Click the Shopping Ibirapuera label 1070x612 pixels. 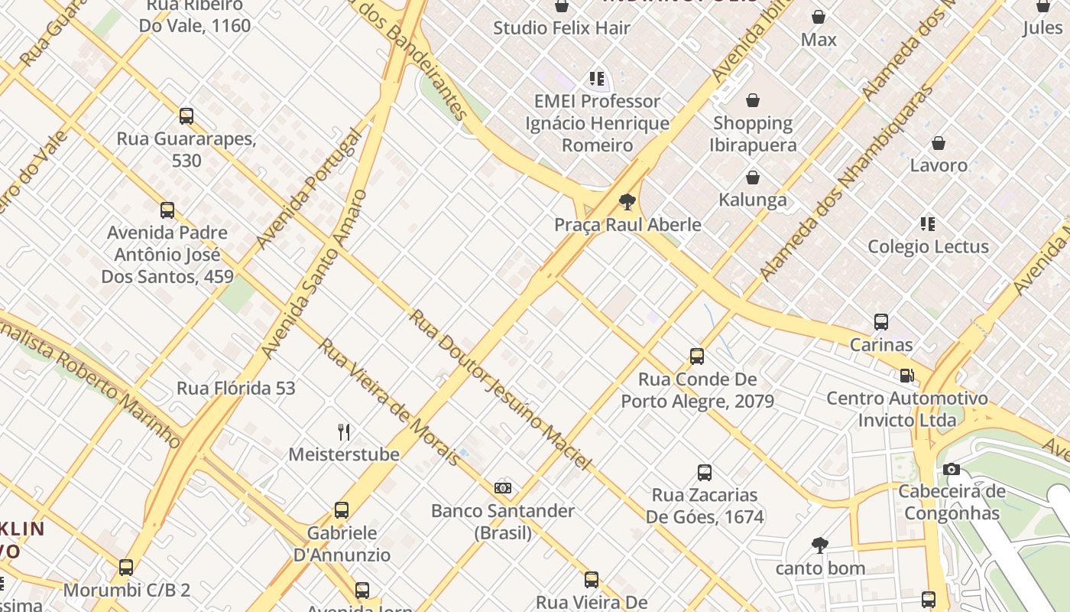pyautogui.click(x=753, y=134)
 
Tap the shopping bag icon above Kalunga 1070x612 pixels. pyautogui.click(x=753, y=178)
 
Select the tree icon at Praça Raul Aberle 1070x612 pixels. pyautogui.click(x=627, y=202)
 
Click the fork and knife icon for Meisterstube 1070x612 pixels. pyautogui.click(x=344, y=432)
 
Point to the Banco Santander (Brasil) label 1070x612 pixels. pyautogui.click(x=502, y=521)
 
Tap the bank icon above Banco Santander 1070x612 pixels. pyautogui.click(x=502, y=487)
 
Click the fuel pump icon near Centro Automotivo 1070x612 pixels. pyautogui.click(x=906, y=376)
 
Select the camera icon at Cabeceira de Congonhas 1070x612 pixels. pyautogui.click(x=951, y=469)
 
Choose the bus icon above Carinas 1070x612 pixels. pyautogui.click(x=881, y=322)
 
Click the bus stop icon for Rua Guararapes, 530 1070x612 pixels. pyautogui.click(x=186, y=116)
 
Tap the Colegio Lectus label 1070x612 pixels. pyautogui.click(x=928, y=246)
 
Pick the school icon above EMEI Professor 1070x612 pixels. pyautogui.click(x=597, y=79)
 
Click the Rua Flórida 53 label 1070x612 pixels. pyautogui.click(x=235, y=388)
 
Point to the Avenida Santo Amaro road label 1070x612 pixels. pyautogui.click(x=313, y=274)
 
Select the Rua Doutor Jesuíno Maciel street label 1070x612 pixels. pyautogui.click(x=501, y=389)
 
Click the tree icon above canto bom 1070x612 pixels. pyautogui.click(x=820, y=545)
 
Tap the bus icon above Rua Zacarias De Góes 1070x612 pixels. pyautogui.click(x=705, y=473)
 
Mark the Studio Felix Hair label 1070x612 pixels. pyautogui.click(x=562, y=28)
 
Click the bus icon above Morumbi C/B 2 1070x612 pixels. pyautogui.click(x=126, y=568)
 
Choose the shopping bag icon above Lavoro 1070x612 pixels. pyautogui.click(x=939, y=143)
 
